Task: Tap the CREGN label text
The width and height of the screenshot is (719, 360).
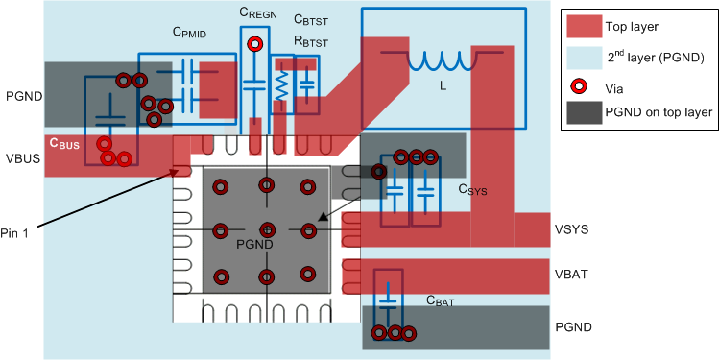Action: pos(259,12)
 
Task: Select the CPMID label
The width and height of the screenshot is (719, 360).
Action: pos(191,32)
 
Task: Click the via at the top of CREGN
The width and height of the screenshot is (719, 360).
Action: pos(255,44)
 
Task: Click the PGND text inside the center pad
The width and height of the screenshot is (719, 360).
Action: pos(255,245)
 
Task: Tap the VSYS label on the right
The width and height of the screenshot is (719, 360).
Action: pos(573,229)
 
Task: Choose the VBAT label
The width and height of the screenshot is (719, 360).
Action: pos(573,274)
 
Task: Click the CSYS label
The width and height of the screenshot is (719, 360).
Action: pos(472,190)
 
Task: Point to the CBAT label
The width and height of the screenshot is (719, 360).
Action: pos(443,300)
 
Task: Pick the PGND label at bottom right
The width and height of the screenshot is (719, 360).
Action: pos(574,327)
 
